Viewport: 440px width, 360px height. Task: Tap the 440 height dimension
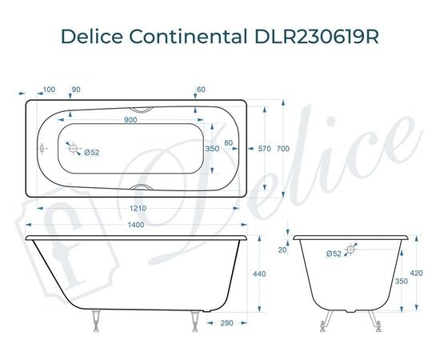(x=258, y=274)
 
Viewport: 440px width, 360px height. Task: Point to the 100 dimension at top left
(x=49, y=89)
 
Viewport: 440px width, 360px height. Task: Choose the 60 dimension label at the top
(x=201, y=89)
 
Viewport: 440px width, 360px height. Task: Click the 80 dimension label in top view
(x=230, y=143)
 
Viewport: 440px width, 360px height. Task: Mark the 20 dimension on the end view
(x=282, y=250)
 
